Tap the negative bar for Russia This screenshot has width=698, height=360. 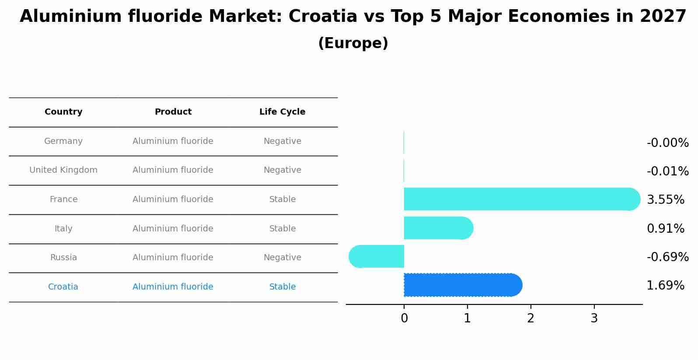pyautogui.click(x=377, y=256)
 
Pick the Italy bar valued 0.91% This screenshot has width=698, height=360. pyautogui.click(x=437, y=228)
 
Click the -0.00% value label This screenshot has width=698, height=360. pyautogui.click(x=667, y=143)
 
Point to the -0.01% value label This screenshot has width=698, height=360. pyautogui.click(x=667, y=171)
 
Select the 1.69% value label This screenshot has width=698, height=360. pyautogui.click(x=665, y=286)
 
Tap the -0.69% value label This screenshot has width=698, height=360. pyautogui.click(x=667, y=257)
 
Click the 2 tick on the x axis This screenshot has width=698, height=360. pyautogui.click(x=530, y=318)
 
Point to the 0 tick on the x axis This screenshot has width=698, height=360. pyautogui.click(x=404, y=318)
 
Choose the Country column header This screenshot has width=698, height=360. pyautogui.click(x=63, y=112)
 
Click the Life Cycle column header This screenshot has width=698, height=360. pyautogui.click(x=282, y=112)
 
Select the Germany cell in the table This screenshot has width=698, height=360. pyautogui.click(x=63, y=141)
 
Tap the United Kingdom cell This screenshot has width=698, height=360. pyautogui.click(x=63, y=170)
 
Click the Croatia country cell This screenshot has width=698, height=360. pyautogui.click(x=63, y=287)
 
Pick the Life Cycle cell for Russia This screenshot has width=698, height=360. pyautogui.click(x=282, y=258)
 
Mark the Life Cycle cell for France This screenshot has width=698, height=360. pyautogui.click(x=282, y=199)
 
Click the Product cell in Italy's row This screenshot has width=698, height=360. pyautogui.click(x=173, y=229)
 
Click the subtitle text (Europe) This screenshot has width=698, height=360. pyautogui.click(x=353, y=43)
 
